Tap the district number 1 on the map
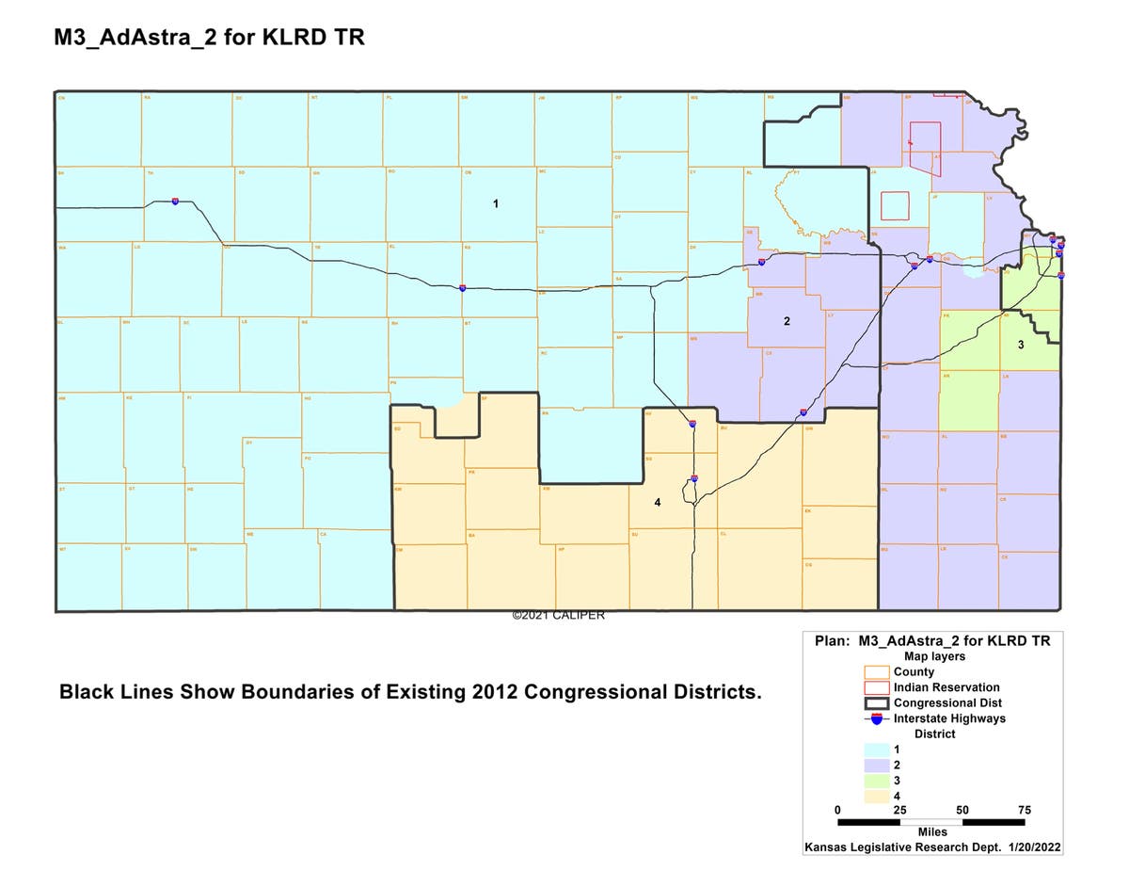tap(496, 203)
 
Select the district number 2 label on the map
tap(787, 321)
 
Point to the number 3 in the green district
tap(1020, 346)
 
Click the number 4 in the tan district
tap(658, 503)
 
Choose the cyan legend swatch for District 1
tap(877, 750)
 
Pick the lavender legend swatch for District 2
tap(877, 766)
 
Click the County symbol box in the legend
tap(877, 672)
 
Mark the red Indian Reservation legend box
tap(877, 687)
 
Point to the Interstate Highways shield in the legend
tap(877, 718)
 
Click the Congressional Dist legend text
tap(947, 702)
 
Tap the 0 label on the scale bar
tap(838, 810)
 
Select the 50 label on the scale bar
tap(962, 810)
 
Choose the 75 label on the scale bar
tap(1024, 810)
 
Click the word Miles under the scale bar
tap(930, 832)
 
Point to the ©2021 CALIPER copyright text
tap(558, 615)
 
